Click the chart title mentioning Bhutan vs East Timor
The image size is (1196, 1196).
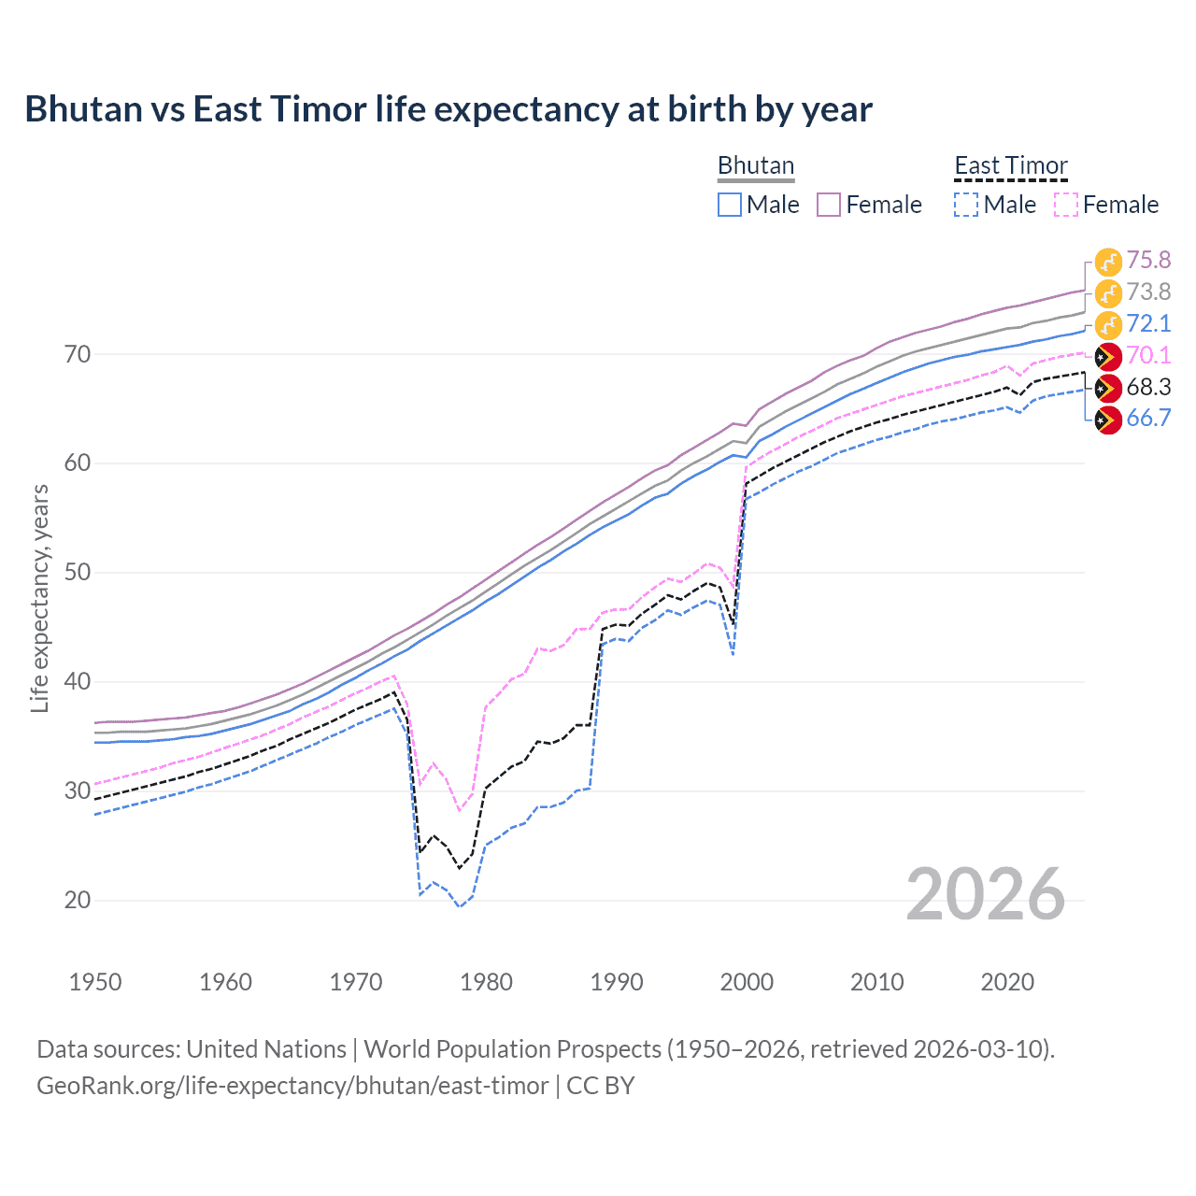click(x=448, y=109)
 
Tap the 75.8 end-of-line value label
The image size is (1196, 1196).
click(x=1148, y=260)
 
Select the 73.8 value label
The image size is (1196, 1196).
click(x=1148, y=292)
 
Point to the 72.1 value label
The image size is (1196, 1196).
click(x=1148, y=323)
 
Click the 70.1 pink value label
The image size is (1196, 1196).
click(x=1148, y=355)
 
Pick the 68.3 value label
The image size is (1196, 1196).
click(x=1148, y=387)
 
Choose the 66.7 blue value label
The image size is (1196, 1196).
click(x=1148, y=418)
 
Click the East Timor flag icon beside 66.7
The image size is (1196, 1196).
click(x=1108, y=420)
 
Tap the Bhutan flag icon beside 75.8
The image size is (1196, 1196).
click(x=1108, y=262)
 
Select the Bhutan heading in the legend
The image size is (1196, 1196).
click(x=756, y=165)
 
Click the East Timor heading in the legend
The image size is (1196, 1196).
click(x=1011, y=165)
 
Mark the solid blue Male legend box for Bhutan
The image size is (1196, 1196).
click(x=730, y=205)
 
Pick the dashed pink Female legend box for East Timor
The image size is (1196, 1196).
click(x=1066, y=205)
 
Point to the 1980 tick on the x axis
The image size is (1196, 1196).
click(x=487, y=982)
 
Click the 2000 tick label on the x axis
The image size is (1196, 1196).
click(x=747, y=982)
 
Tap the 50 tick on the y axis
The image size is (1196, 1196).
click(x=78, y=572)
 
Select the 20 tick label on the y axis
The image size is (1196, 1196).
click(x=78, y=900)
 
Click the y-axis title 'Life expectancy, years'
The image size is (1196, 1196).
click(x=39, y=598)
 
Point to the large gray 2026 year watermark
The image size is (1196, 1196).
click(x=985, y=894)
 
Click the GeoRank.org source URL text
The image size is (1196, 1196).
click(x=292, y=1086)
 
